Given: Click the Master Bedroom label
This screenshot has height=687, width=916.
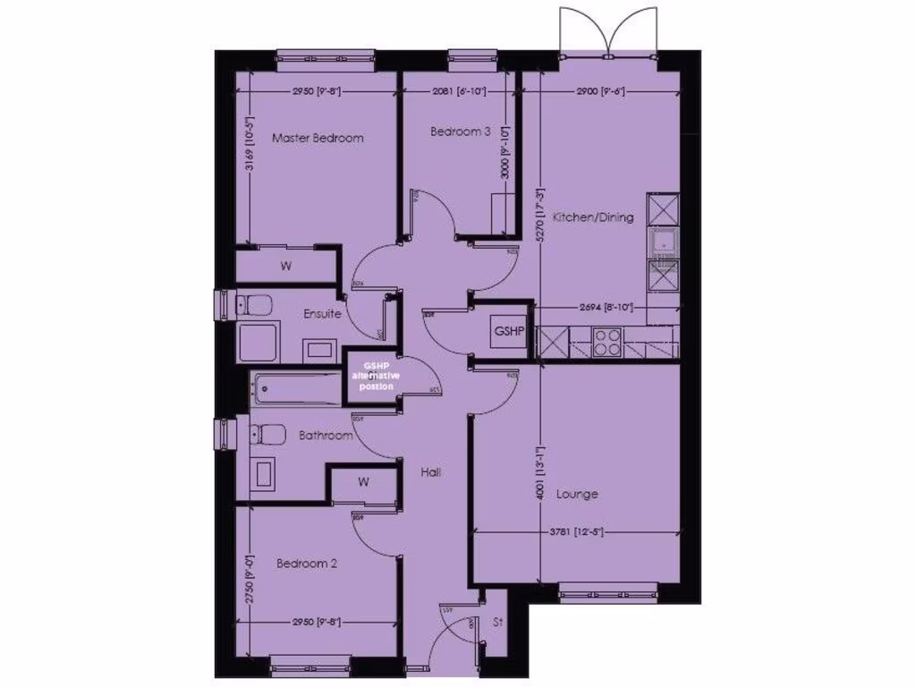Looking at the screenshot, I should [x=318, y=138].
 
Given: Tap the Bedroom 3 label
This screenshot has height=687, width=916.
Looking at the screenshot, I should [x=460, y=131].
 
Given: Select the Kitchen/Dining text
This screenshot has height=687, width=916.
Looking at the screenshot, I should [x=593, y=216].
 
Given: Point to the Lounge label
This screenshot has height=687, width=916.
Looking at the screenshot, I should [x=577, y=494].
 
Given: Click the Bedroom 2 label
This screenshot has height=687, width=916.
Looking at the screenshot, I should [x=307, y=564].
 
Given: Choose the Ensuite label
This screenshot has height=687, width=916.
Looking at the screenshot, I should [x=322, y=314].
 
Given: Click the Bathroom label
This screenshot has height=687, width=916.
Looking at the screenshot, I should [x=326, y=436].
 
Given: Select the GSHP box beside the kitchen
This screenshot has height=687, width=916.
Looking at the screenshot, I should [x=508, y=331].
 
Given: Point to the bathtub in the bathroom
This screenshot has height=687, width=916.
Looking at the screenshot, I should [x=295, y=389].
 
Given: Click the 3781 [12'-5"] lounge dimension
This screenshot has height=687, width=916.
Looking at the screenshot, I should [x=580, y=533].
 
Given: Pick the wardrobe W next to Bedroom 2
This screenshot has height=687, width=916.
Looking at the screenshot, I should [x=364, y=482].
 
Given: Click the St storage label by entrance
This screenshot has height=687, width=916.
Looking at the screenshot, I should [x=498, y=623].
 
